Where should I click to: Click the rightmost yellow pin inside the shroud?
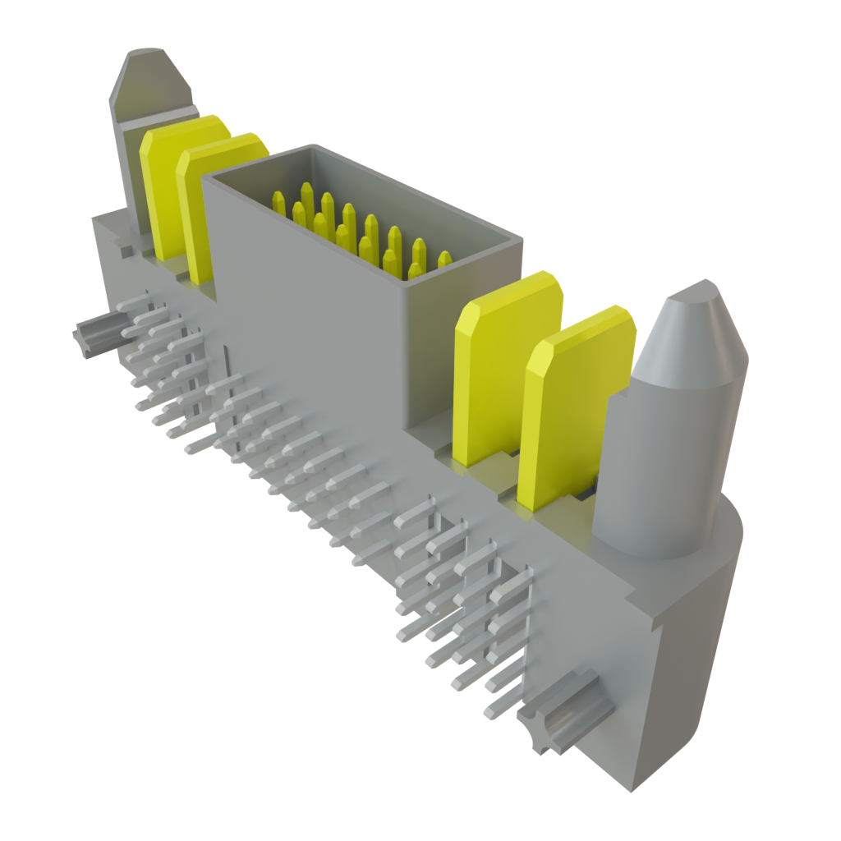click(x=444, y=260)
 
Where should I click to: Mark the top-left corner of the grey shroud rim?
click(x=206, y=175)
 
